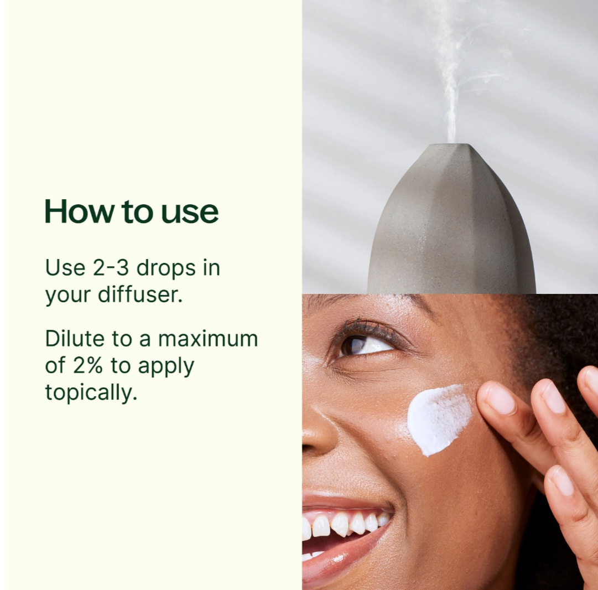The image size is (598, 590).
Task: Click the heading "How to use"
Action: (x=132, y=211)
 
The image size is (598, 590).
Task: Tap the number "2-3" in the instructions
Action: (x=111, y=267)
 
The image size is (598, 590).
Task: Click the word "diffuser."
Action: (x=140, y=294)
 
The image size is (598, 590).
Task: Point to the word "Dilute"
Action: (x=75, y=339)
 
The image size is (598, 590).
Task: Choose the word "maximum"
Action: (x=208, y=339)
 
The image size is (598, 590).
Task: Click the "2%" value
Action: (x=88, y=366)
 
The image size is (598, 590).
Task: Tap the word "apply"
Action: (x=166, y=367)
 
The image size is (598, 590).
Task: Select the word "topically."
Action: (x=91, y=393)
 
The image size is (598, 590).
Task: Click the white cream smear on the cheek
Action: (x=439, y=418)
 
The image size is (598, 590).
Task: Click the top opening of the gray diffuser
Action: (x=452, y=145)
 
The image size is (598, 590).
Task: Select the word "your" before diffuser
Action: (x=68, y=296)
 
